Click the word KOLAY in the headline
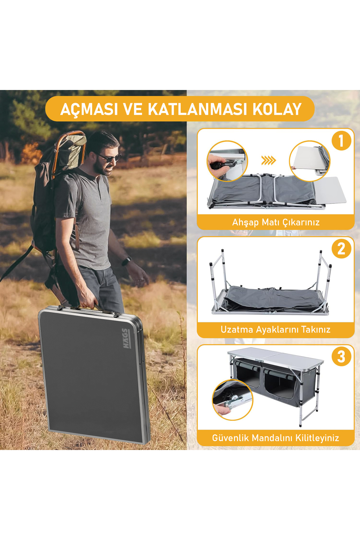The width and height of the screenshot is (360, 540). tap(277, 109)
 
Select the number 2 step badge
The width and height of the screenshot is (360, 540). tap(341, 249)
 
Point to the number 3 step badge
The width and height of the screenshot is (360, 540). tap(341, 357)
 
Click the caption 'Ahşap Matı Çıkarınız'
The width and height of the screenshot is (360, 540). tap(276, 222)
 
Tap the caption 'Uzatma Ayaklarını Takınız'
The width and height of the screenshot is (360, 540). tap(275, 330)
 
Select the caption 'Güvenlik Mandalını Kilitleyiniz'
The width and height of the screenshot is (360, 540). tap(275, 438)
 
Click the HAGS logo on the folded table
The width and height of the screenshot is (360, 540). tap(126, 338)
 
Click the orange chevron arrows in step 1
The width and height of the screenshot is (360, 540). tap(268, 160)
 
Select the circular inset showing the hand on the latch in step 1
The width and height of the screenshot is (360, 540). tap(227, 161)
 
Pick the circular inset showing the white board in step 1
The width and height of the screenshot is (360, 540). tap(310, 161)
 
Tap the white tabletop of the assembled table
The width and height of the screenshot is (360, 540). tap(275, 356)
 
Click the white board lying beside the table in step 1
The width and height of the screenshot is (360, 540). tap(330, 190)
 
